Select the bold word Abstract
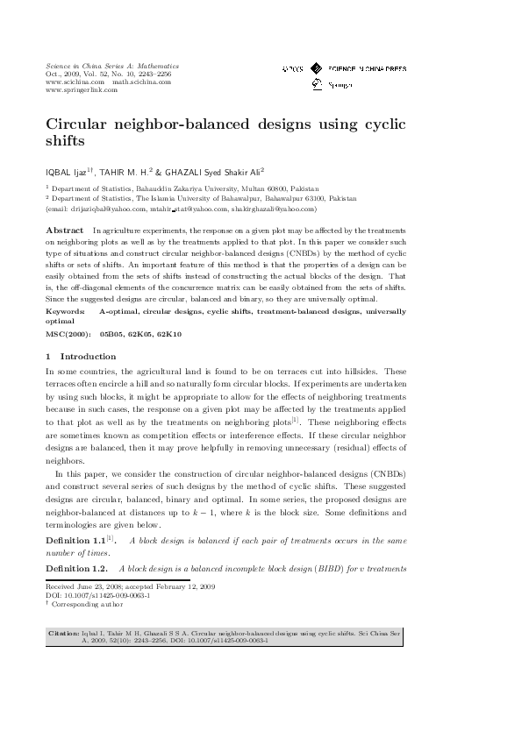click(64, 229)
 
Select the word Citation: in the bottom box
click(64, 631)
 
